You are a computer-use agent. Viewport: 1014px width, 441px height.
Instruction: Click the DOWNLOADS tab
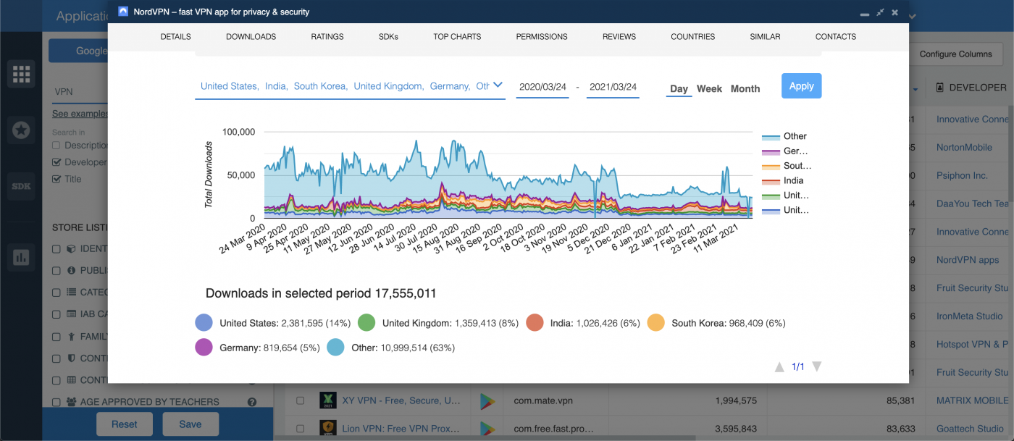pyautogui.click(x=251, y=36)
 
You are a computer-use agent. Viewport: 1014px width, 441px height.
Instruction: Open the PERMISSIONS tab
pyautogui.click(x=542, y=36)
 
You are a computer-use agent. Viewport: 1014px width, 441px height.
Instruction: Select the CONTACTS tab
pyautogui.click(x=835, y=36)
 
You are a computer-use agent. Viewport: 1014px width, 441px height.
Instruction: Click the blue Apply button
pyautogui.click(x=801, y=85)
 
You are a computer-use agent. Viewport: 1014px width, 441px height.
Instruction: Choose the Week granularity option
pyautogui.click(x=709, y=88)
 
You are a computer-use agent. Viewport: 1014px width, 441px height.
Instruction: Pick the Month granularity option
pyautogui.click(x=745, y=88)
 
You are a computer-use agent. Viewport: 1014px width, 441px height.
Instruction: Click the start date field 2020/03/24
pyautogui.click(x=542, y=87)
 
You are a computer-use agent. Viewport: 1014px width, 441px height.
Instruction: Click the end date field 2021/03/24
pyautogui.click(x=613, y=87)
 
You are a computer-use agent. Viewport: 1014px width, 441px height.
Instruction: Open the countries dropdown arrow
pyautogui.click(x=498, y=85)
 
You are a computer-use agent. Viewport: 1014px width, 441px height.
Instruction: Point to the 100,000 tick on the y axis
pyautogui.click(x=238, y=132)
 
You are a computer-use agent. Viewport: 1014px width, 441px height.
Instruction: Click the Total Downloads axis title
pyautogui.click(x=209, y=175)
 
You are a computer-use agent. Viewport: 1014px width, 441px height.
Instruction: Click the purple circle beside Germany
pyautogui.click(x=204, y=348)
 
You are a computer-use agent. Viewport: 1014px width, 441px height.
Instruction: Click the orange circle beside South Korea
pyautogui.click(x=656, y=323)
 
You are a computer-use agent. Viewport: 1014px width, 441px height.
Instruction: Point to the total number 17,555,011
pyautogui.click(x=405, y=293)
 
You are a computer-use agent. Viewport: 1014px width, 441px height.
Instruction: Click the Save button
pyautogui.click(x=190, y=424)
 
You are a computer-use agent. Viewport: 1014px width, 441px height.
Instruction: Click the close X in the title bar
pyautogui.click(x=895, y=12)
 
